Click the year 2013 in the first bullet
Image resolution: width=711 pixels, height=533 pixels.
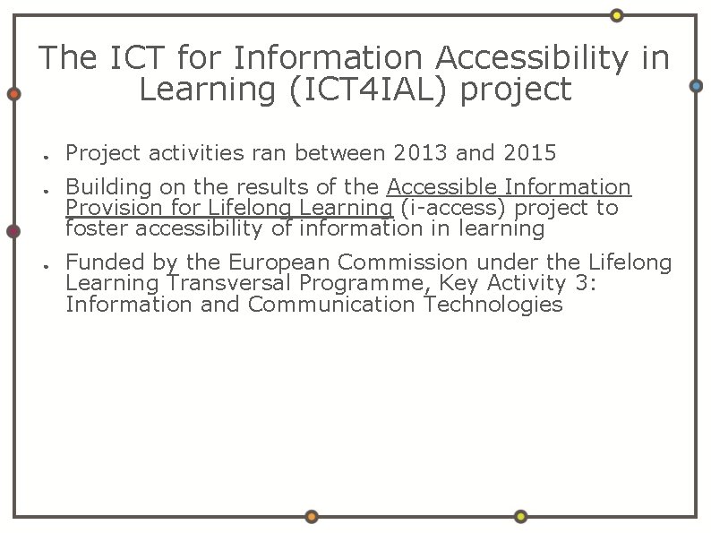[x=421, y=153]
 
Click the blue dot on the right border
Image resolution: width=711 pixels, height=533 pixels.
[x=697, y=86]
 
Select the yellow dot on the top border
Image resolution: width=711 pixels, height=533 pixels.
[x=617, y=15]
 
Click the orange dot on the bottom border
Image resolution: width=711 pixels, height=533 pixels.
[x=311, y=517]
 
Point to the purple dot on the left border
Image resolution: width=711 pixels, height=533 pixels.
[x=13, y=231]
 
